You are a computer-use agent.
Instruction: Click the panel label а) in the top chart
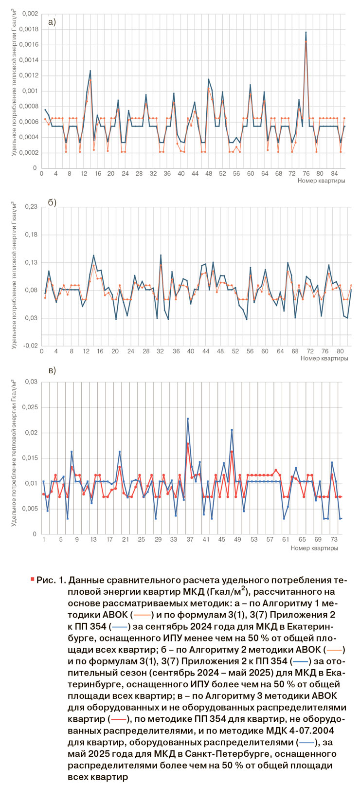pyautogui.click(x=52, y=21)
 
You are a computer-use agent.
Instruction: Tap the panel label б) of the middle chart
pyautogui.click(x=52, y=202)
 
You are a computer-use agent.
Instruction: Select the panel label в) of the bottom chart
pyautogui.click(x=52, y=370)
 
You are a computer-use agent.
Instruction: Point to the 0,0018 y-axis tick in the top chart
pyautogui.click(x=29, y=29)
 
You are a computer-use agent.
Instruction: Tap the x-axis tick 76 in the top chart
pyautogui.click(x=306, y=173)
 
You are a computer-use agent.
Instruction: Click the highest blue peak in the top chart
pyautogui.click(x=306, y=33)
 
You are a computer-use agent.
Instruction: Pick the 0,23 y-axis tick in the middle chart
pyautogui.click(x=31, y=206)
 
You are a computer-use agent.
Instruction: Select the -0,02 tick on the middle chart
pyautogui.click(x=30, y=346)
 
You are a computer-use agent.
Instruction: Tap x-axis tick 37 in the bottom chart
pyautogui.click(x=190, y=540)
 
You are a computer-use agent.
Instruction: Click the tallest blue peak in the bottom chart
pyautogui.click(x=188, y=419)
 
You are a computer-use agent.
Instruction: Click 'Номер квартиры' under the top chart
pyautogui.click(x=322, y=181)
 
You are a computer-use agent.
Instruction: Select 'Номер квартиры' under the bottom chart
pyautogui.click(x=314, y=548)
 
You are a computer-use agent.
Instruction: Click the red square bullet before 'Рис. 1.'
pyautogui.click(x=32, y=579)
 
